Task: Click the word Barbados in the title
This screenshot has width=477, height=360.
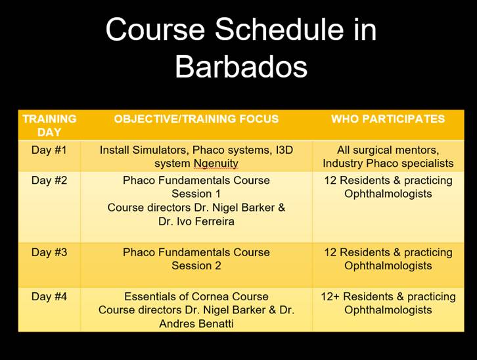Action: coord(241,67)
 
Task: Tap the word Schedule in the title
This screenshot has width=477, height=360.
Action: coord(280,30)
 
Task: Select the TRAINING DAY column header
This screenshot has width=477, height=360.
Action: coord(49,125)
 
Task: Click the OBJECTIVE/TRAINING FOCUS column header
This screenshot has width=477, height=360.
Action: coord(196,119)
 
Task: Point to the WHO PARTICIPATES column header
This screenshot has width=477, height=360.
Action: coord(388,119)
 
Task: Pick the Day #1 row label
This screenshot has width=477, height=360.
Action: coord(49,150)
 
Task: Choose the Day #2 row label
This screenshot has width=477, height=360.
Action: coord(49,180)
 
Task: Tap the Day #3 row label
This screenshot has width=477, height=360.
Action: coord(49,252)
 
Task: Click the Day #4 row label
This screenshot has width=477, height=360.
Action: coord(49,296)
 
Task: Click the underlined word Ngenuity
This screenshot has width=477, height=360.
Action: coord(216,164)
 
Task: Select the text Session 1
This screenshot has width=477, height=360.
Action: coord(196,194)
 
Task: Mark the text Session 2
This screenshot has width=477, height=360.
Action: coord(196,265)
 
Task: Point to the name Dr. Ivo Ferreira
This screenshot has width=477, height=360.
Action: coord(196,221)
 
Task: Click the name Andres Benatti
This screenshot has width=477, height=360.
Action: coord(196,323)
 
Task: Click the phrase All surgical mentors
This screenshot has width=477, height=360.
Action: coord(388,150)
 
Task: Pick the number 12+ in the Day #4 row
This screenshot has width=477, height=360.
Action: coord(330,296)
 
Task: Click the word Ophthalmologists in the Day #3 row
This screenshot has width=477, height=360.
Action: coord(388,265)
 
